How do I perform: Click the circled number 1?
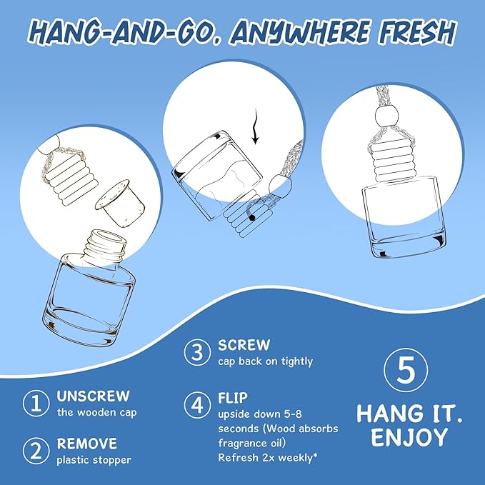(x=36, y=403)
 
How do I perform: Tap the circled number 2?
(x=36, y=451)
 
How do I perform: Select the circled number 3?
(x=197, y=352)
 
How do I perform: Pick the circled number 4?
(x=197, y=404)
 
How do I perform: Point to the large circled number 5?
(x=406, y=370)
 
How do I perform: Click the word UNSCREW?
(x=93, y=396)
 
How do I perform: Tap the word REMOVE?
(x=87, y=444)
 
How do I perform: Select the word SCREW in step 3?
(x=244, y=345)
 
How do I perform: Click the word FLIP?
(x=233, y=398)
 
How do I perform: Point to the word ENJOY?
(x=409, y=436)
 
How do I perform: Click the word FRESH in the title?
(x=417, y=31)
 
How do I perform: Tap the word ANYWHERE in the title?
(x=300, y=31)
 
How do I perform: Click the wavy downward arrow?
(x=255, y=127)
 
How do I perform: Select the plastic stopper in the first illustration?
(x=121, y=200)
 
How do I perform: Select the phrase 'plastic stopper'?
(x=94, y=460)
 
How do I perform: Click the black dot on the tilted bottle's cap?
(x=252, y=218)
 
